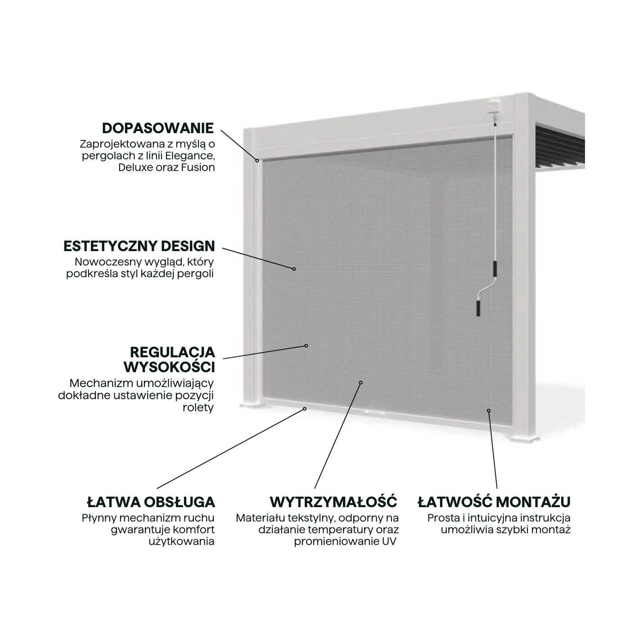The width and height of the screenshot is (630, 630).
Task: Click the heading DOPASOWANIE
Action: tap(158, 128)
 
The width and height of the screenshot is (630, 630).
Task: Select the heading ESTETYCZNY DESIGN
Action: tap(139, 246)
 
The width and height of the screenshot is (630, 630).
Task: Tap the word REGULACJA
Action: tap(173, 352)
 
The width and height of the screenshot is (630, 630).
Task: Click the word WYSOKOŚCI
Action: tap(169, 367)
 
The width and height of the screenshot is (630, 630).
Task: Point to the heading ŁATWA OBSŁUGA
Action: tap(151, 502)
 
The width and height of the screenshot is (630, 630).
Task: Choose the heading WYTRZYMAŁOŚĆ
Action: tap(333, 502)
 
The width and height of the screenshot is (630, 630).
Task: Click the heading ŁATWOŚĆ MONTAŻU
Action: tap(494, 502)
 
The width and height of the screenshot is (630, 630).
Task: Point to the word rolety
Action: tap(198, 407)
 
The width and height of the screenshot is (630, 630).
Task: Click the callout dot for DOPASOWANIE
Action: tap(257, 161)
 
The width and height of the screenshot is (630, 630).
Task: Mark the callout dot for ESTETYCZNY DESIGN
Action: tap(294, 269)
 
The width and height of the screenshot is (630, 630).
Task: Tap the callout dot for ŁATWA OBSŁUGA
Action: tap(305, 409)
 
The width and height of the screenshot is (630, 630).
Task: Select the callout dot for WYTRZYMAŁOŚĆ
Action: tap(361, 382)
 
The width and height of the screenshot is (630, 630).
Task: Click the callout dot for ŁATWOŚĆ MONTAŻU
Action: tap(489, 411)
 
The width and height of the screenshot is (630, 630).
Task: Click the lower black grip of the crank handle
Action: tap(478, 308)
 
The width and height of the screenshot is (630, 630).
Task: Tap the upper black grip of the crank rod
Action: tap(495, 268)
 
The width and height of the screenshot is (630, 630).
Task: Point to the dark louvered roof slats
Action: tap(560, 145)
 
